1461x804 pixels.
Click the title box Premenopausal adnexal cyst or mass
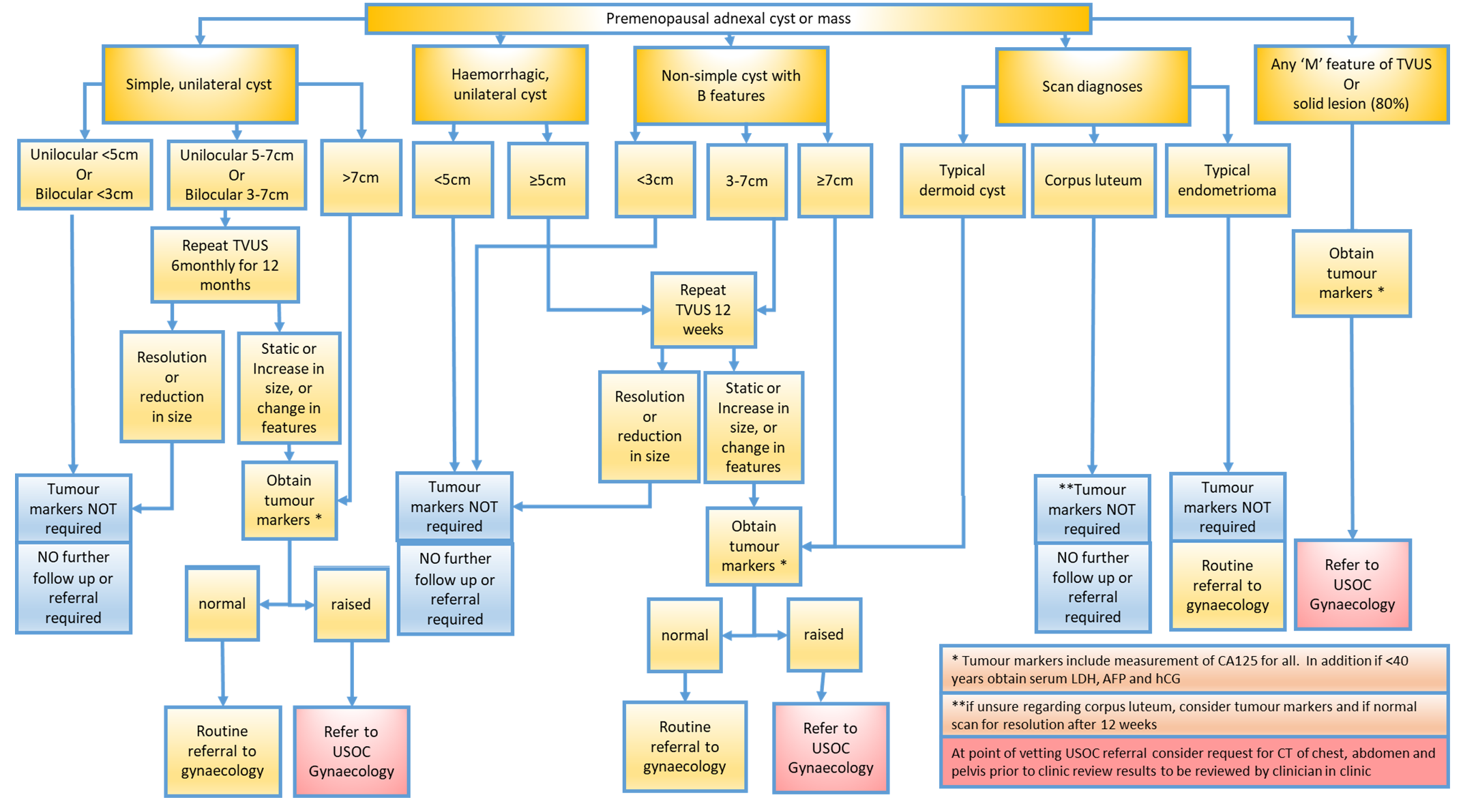(x=728, y=18)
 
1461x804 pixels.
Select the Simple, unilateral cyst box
(x=199, y=85)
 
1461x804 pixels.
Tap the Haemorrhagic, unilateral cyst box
(x=500, y=85)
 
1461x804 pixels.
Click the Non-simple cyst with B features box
(x=730, y=86)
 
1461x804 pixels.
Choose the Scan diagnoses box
(x=1092, y=87)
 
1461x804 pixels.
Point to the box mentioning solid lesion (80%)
(x=1351, y=84)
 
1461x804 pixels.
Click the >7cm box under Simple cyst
(x=361, y=178)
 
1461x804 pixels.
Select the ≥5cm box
(x=548, y=181)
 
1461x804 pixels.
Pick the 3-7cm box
(x=746, y=181)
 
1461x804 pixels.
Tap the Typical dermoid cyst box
(x=962, y=181)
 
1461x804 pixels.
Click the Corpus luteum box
(x=1093, y=181)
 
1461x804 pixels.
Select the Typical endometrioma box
(x=1226, y=181)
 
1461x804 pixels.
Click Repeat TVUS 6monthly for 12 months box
(x=224, y=265)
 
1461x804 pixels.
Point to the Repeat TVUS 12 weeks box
(x=703, y=310)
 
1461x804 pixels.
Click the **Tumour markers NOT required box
(x=1091, y=509)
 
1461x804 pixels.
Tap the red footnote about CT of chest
(x=1194, y=762)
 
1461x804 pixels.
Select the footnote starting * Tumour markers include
(x=1194, y=669)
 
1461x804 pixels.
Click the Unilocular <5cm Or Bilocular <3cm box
(x=85, y=175)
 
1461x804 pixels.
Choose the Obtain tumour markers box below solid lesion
(x=1351, y=273)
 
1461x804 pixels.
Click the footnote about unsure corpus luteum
(x=1194, y=715)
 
